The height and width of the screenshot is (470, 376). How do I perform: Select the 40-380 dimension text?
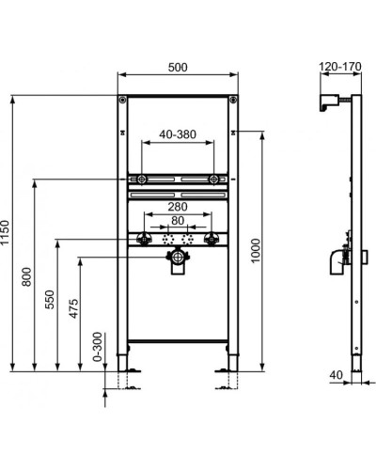pos(179,133)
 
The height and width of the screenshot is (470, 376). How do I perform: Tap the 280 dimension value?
pos(179,207)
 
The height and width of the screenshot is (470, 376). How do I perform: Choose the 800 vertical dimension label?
pos(28,276)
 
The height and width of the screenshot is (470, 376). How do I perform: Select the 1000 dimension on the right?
pos(257,249)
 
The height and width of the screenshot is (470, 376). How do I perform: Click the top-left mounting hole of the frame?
pos(122,100)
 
